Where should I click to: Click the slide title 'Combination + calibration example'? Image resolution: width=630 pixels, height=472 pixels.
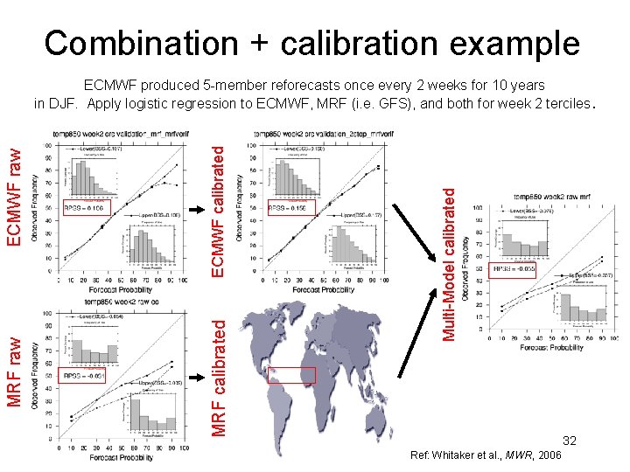tap(312, 43)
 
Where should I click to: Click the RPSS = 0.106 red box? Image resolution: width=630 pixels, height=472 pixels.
tap(85, 209)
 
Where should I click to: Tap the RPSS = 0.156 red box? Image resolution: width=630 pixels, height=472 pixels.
tap(290, 209)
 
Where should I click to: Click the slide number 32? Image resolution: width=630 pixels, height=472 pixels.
tap(568, 441)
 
